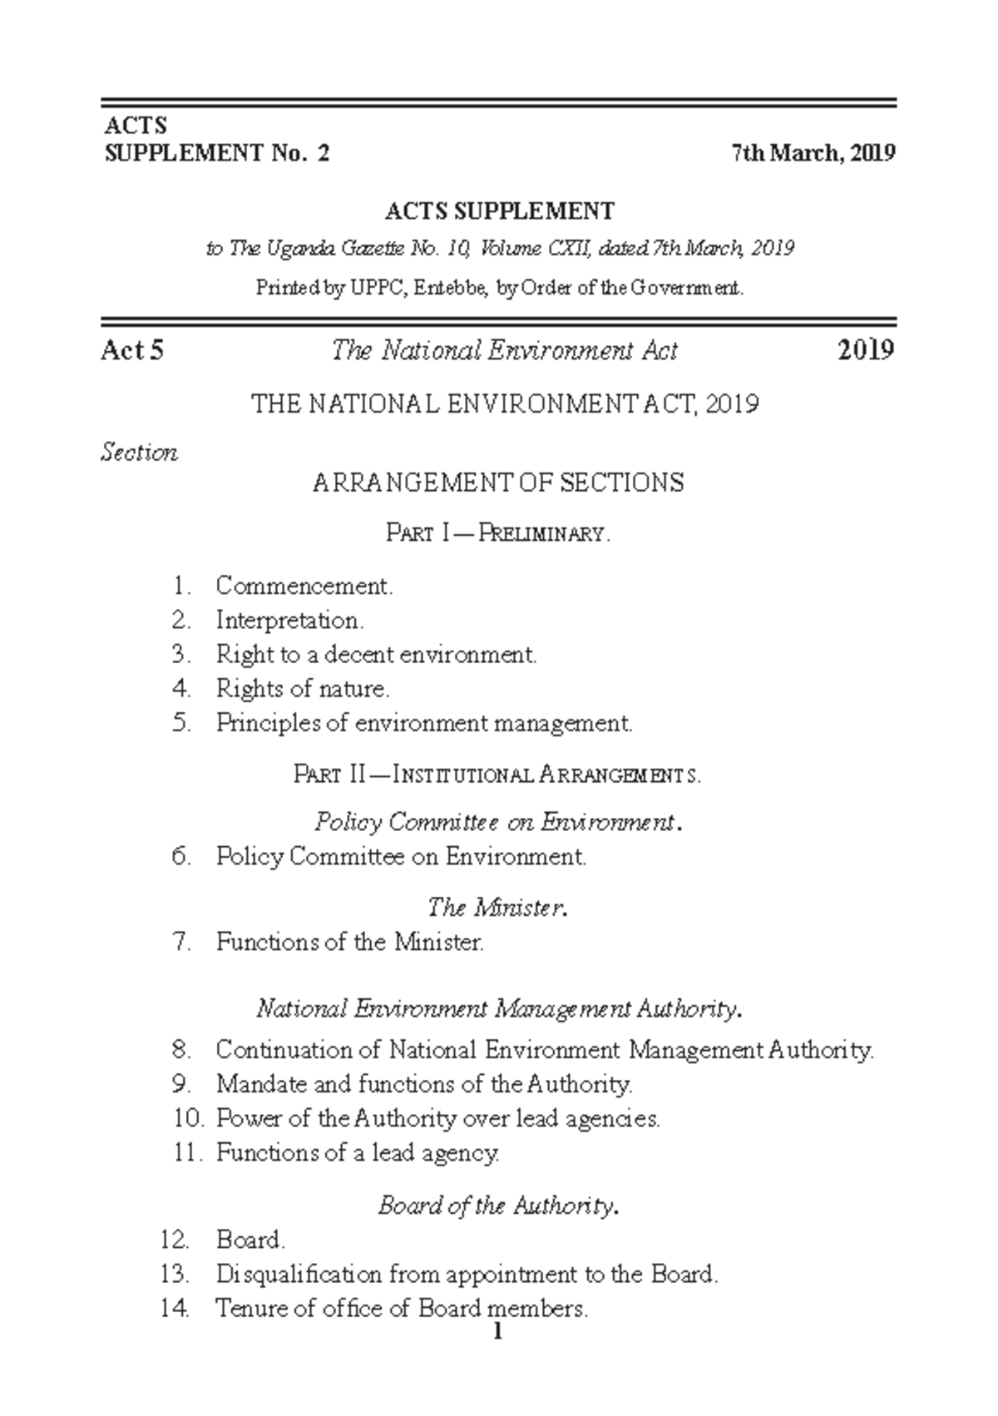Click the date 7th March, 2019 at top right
tap(812, 154)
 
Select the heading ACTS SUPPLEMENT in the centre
tap(499, 211)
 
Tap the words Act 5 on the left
tap(132, 350)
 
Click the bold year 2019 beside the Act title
tap(866, 350)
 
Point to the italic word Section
tap(139, 453)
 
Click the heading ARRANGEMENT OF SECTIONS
tap(498, 483)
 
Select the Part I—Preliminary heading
tap(498, 533)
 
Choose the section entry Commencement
tap(304, 586)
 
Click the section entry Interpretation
tap(289, 621)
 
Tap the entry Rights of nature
tap(303, 689)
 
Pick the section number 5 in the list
tap(181, 723)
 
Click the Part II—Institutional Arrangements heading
tap(497, 775)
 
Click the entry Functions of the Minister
tap(349, 943)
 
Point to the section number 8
tap(181, 1050)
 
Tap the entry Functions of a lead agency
tap(358, 1153)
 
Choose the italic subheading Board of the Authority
tap(497, 1206)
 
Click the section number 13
tap(175, 1274)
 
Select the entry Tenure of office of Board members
tap(402, 1309)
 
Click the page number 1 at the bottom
tap(497, 1334)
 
